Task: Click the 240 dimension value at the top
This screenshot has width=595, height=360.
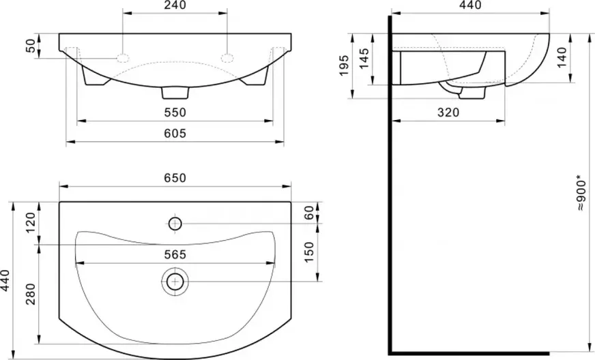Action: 175,5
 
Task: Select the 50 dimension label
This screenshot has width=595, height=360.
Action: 31,46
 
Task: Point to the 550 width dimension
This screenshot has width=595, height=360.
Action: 175,112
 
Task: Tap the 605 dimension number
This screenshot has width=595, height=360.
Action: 175,133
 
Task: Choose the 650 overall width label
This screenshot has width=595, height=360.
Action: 175,177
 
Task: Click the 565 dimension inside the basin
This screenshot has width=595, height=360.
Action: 175,254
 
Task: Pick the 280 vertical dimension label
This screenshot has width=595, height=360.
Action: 31,294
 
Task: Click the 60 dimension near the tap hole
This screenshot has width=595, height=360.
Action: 309,213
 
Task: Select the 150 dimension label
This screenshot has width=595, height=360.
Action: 309,252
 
